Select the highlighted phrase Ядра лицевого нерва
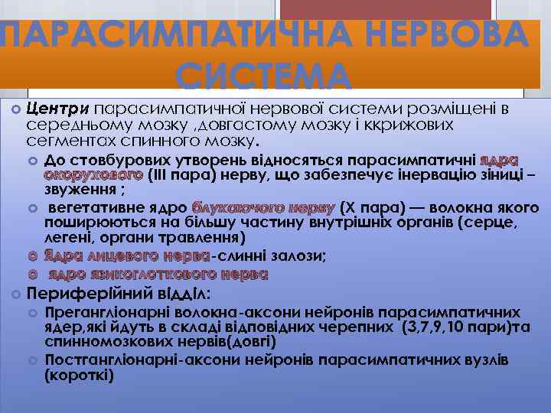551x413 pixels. pyautogui.click(x=126, y=256)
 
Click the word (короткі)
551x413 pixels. pyautogui.click(x=79, y=376)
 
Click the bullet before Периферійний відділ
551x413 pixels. pyautogui.click(x=15, y=294)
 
